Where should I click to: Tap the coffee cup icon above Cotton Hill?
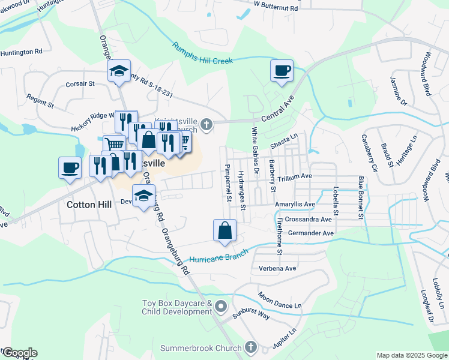(70, 167)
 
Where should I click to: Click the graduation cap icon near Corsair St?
(119, 71)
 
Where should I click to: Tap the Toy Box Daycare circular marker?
(221, 307)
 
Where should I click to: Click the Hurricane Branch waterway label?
(219, 259)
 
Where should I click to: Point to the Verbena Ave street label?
(277, 268)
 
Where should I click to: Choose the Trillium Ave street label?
(295, 176)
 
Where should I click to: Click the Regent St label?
(40, 101)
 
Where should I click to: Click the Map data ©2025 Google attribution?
(412, 355)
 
